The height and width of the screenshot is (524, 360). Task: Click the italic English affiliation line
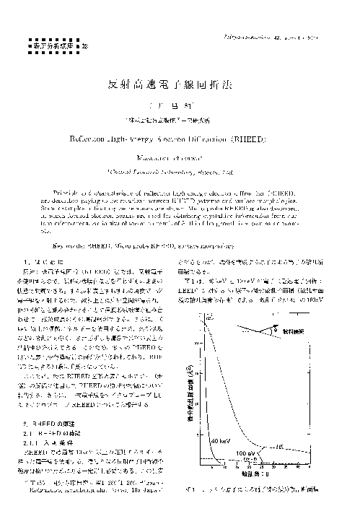180,173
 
